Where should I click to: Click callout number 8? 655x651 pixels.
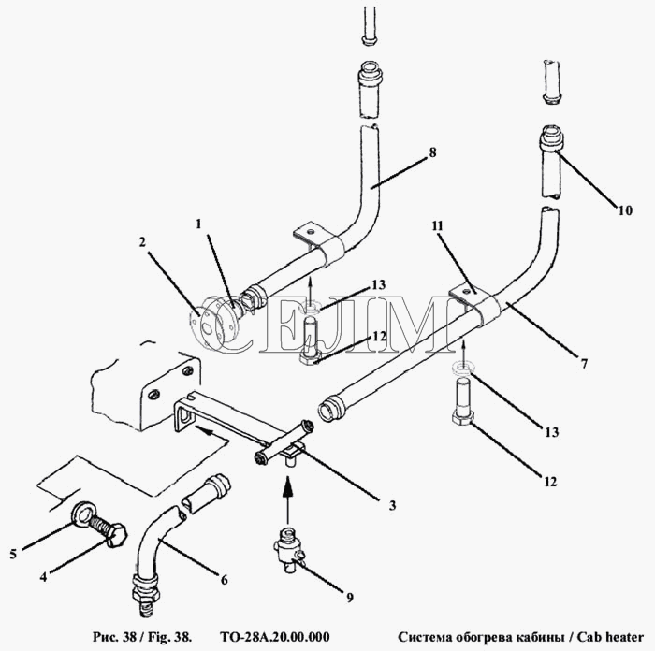pyautogui.click(x=432, y=152)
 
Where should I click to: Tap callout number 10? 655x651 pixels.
pyautogui.click(x=625, y=210)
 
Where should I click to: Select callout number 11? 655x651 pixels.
pyautogui.click(x=437, y=226)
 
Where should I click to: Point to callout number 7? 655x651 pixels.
pyautogui.click(x=584, y=363)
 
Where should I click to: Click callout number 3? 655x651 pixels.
pyautogui.click(x=392, y=505)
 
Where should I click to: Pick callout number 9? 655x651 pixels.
pyautogui.click(x=350, y=598)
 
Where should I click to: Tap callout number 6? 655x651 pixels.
pyautogui.click(x=225, y=580)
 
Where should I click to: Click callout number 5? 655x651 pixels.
pyautogui.click(x=13, y=554)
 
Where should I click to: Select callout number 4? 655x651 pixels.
pyautogui.click(x=43, y=577)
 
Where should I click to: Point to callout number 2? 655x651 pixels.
pyautogui.click(x=142, y=241)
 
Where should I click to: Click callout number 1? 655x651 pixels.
pyautogui.click(x=198, y=224)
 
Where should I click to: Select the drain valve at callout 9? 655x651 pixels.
pyautogui.click(x=288, y=550)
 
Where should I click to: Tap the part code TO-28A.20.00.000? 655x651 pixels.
pyautogui.click(x=274, y=637)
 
